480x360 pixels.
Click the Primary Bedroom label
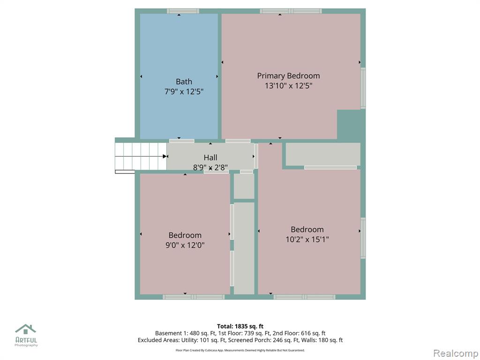[288, 75]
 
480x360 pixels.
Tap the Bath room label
[184, 82]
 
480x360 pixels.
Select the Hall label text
[210, 157]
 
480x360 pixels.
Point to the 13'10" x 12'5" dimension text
[288, 85]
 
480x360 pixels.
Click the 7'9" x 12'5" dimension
[184, 91]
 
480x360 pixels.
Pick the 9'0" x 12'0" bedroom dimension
[185, 245]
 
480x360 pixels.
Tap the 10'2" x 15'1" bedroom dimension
[307, 239]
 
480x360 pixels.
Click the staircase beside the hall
[141, 156]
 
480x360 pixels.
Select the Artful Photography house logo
[26, 329]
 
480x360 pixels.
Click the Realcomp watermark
[456, 353]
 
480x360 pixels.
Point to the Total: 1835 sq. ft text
[240, 326]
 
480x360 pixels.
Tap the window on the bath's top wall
[183, 11]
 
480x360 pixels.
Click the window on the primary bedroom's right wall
[363, 88]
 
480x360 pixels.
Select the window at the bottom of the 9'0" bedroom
[194, 297]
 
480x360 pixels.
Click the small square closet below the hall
[244, 186]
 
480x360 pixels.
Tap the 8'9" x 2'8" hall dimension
[210, 167]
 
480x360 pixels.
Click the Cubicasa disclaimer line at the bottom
[240, 350]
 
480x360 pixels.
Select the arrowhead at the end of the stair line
[165, 157]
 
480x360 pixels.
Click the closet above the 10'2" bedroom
[323, 154]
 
